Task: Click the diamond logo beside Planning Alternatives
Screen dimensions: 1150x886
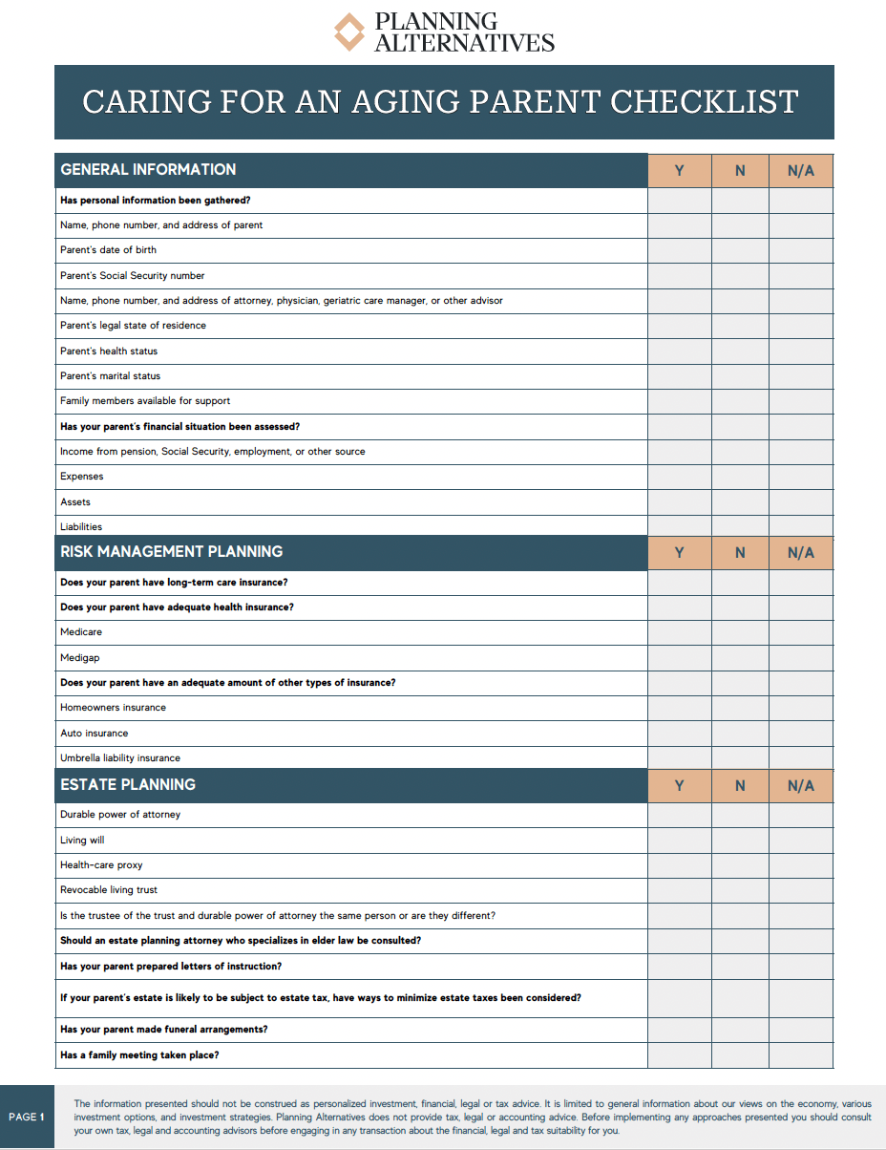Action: (349, 32)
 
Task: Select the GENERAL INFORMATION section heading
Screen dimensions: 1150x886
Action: (148, 170)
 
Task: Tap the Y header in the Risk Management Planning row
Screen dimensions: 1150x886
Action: (680, 552)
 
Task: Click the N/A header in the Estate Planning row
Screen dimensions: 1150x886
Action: (801, 785)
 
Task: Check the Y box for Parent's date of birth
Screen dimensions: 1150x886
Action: (680, 250)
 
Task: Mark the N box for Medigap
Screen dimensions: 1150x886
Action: (740, 657)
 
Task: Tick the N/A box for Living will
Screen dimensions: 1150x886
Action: (801, 841)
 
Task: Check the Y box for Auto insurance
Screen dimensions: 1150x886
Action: (680, 733)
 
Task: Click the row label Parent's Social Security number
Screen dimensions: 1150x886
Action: (133, 276)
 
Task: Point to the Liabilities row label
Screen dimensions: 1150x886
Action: (81, 526)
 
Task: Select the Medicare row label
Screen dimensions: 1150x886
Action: (81, 632)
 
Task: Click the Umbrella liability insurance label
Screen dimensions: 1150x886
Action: (120, 758)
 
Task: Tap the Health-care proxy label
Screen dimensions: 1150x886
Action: (101, 865)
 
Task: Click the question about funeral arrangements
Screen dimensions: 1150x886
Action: (163, 1030)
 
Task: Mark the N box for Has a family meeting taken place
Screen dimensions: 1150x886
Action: (740, 1055)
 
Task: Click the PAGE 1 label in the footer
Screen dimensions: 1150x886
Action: (27, 1117)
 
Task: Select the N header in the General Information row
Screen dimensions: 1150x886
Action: (740, 171)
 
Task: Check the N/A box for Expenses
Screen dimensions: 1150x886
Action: (801, 477)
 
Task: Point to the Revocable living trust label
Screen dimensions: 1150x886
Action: (109, 890)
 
